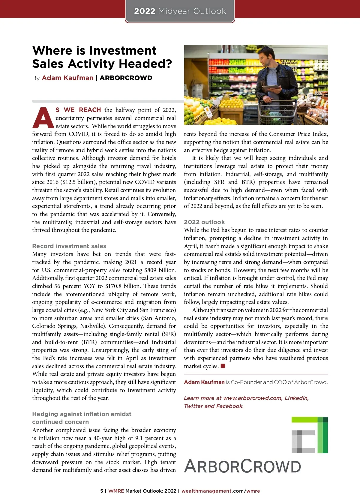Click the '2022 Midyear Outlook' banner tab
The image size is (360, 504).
point(180,11)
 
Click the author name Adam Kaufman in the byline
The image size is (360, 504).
point(67,78)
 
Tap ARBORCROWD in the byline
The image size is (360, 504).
point(126,78)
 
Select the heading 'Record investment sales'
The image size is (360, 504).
point(69,246)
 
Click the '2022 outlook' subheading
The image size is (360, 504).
point(204,222)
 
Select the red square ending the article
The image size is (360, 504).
point(223,366)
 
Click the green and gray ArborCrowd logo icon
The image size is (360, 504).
point(309,435)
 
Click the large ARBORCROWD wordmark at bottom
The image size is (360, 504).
point(242,466)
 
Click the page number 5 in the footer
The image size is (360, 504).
point(102,491)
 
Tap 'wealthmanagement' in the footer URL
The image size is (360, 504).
point(206,491)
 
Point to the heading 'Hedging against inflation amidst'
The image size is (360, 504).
point(82,414)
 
